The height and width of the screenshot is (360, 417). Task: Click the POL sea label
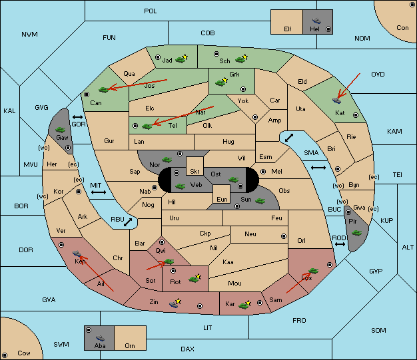coord(151,11)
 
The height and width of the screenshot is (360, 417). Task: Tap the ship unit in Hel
coord(316,21)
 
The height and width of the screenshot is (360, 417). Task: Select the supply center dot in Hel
coord(328,29)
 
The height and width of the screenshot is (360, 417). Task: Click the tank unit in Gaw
coord(61,130)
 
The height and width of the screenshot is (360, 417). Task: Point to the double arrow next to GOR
coord(78,117)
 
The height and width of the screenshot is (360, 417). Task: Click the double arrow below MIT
coord(99,192)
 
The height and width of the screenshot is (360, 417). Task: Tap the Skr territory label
coord(195,172)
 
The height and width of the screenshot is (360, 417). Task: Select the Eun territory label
coord(222,199)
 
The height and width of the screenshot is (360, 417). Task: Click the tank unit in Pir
coord(356,233)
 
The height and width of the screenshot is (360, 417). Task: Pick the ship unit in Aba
coord(100,338)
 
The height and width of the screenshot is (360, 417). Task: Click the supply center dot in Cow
coord(5,355)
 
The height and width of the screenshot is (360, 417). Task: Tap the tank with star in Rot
coord(195,278)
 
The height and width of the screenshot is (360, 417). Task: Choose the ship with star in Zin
coord(175,303)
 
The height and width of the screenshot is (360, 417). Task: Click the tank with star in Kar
coord(244,305)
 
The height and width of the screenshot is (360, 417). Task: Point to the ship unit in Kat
coord(336,100)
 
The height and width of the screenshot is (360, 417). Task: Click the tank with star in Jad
coord(182,59)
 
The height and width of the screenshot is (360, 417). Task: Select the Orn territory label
coord(130,345)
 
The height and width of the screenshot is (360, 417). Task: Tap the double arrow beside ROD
coord(340,244)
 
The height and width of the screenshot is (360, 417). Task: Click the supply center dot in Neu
coord(284,236)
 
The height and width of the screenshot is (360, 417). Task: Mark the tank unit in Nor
coord(167,160)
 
